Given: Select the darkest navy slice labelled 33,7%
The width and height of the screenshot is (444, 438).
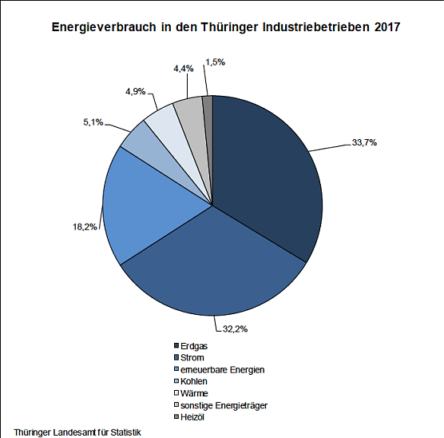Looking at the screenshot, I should click(x=268, y=176).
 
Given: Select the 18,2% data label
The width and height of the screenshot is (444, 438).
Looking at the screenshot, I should click(x=84, y=226).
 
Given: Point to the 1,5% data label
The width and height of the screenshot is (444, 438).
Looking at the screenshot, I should click(x=216, y=62).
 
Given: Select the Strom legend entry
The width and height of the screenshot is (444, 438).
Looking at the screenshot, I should click(x=192, y=357).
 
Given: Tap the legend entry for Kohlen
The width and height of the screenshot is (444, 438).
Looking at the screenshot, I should click(x=193, y=381).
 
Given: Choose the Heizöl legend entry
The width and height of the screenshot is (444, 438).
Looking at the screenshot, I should click(x=192, y=417).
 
